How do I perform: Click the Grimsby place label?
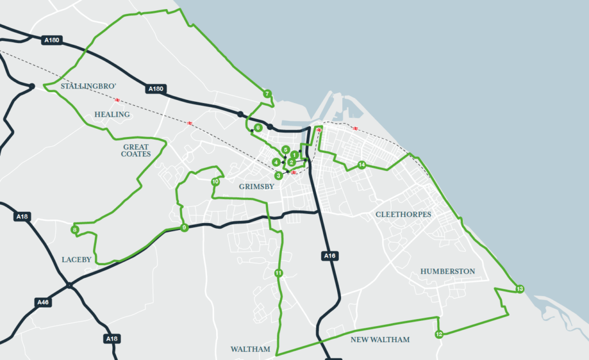click(x=256, y=187)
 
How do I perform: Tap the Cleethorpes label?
click(x=403, y=215)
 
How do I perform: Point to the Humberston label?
click(x=448, y=271)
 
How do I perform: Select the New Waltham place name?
click(x=380, y=340)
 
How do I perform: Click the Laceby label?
click(x=77, y=260)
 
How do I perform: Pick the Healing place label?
click(x=112, y=114)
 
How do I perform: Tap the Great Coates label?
click(x=136, y=151)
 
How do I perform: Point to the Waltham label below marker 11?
click(x=250, y=349)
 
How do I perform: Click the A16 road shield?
click(x=329, y=255)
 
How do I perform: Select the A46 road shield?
click(x=43, y=302)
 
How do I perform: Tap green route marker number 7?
click(x=267, y=93)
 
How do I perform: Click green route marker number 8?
click(x=75, y=230)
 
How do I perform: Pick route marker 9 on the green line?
click(x=184, y=228)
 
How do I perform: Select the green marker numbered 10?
click(x=215, y=182)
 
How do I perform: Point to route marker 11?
click(x=278, y=273)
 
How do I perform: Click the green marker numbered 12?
click(x=438, y=334)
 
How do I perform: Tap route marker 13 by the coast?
click(x=519, y=289)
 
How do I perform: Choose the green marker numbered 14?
click(x=361, y=165)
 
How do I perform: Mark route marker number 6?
click(x=258, y=128)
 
